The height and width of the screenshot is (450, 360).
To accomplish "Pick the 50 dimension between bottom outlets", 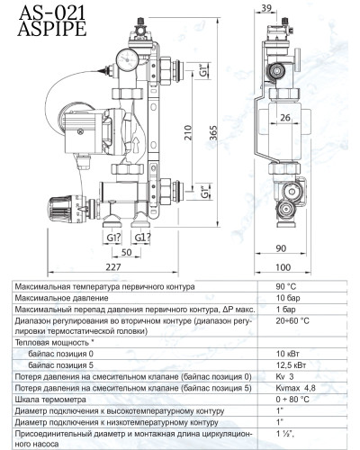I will tap(127, 253).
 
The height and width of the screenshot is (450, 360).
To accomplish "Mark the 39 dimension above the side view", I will tap(265, 7).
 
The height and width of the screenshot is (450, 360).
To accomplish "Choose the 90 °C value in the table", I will tap(289, 286).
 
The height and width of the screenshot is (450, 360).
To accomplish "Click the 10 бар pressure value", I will tap(288, 298).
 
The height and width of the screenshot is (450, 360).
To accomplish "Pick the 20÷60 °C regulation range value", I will tap(292, 320).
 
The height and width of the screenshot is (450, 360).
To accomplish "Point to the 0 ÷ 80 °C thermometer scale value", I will tap(292, 399).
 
